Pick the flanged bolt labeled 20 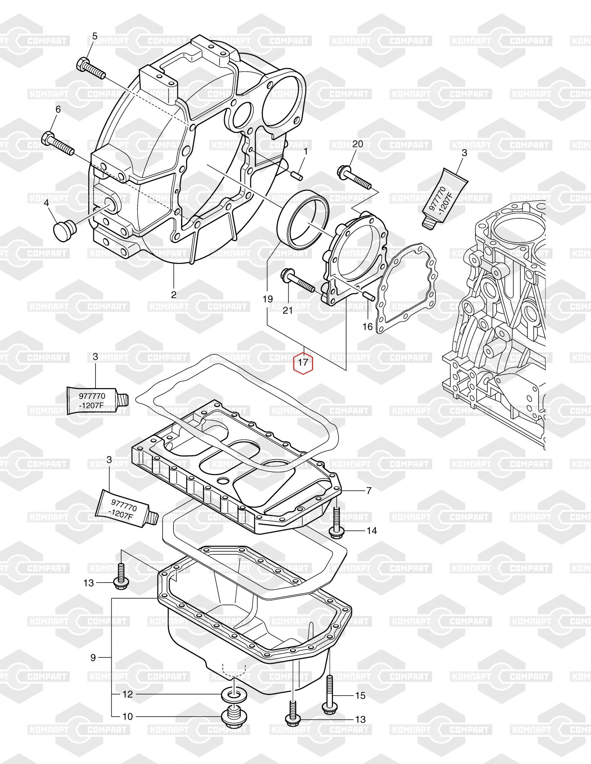[x=354, y=177]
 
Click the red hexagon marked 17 [x=303, y=362]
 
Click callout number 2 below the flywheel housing [x=174, y=295]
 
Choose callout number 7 [x=369, y=490]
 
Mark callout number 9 [x=93, y=657]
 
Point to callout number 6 [x=58, y=110]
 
